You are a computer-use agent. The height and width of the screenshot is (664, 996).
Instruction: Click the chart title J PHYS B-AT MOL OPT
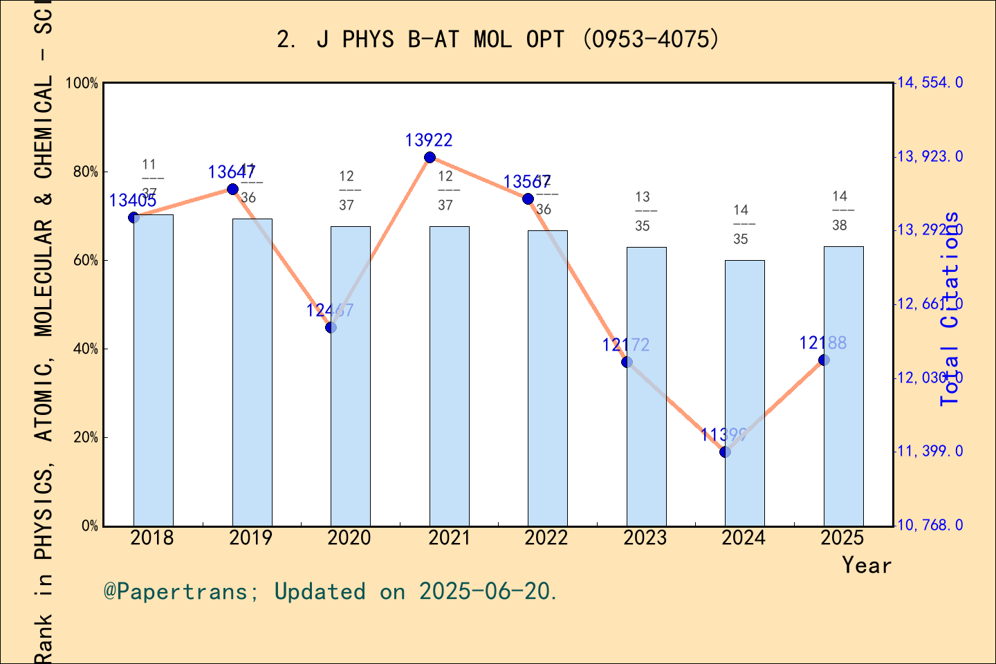coord(498,39)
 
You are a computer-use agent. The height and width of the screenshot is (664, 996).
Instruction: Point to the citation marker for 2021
coord(430,158)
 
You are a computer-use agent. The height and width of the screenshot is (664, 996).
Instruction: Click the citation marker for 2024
coord(725,452)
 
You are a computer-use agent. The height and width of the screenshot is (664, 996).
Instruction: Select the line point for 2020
coord(331,327)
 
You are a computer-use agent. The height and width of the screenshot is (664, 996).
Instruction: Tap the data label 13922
coord(429,140)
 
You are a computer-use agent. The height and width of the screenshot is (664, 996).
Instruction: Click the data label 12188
coord(822,343)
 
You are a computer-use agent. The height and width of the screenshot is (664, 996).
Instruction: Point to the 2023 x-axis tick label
coord(645,538)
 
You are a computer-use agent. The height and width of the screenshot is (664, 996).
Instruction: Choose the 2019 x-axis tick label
coord(250,538)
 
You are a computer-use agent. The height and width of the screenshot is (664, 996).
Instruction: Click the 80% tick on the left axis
coord(82,172)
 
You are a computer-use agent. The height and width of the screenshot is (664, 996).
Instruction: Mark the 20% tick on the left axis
coord(82,437)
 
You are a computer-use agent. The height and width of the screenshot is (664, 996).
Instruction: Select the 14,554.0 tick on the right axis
coord(930,83)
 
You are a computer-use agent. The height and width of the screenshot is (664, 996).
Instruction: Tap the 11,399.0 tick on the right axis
coord(930,452)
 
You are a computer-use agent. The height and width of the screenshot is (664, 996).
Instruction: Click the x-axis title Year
coord(867,566)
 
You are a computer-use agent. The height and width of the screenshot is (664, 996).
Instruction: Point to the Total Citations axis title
coord(950,308)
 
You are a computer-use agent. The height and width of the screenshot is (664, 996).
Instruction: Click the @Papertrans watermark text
coord(331,592)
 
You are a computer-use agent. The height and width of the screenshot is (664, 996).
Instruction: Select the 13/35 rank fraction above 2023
coord(643,212)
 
